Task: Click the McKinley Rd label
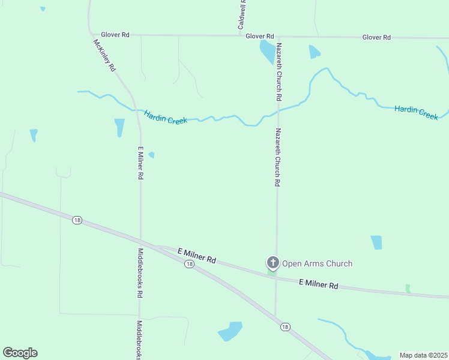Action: [104, 55]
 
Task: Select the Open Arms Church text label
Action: [317, 263]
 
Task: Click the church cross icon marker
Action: [273, 262]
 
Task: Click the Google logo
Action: [20, 353]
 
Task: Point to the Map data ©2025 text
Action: [423, 355]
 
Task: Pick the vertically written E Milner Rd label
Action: [140, 163]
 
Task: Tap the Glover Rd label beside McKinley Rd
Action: [115, 35]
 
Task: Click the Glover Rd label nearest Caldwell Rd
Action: [259, 37]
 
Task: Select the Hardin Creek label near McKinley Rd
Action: [166, 116]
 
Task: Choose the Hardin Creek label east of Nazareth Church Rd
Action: [416, 112]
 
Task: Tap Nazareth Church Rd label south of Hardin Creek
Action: [277, 157]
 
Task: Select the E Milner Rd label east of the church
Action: [318, 284]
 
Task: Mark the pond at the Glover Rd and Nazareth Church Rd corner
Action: [266, 52]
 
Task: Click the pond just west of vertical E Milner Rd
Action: [119, 127]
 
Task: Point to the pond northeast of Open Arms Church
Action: [376, 242]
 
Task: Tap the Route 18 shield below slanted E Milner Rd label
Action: [189, 264]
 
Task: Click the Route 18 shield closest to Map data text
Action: [285, 327]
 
